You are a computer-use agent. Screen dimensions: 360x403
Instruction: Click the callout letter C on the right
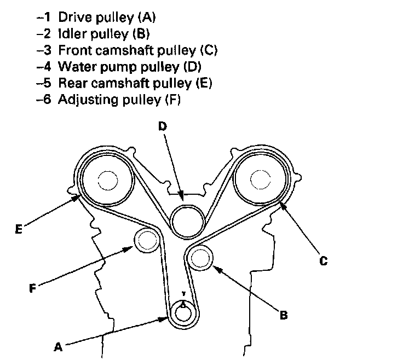tap(323, 261)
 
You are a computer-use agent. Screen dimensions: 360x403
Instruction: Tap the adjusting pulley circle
tap(147, 241)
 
